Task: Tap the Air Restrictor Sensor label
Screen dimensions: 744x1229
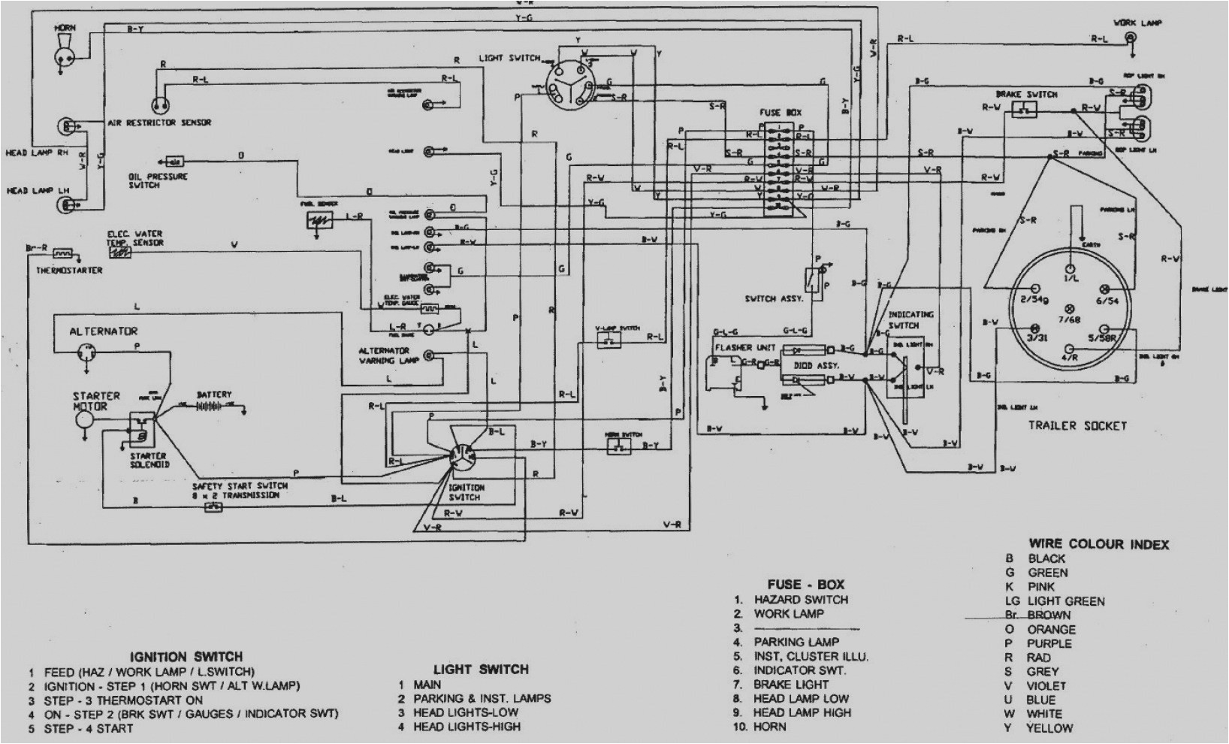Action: pos(159,122)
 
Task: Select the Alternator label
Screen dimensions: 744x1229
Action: pos(104,331)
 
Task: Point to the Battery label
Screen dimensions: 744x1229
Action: pos(214,394)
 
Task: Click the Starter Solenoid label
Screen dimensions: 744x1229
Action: pos(149,460)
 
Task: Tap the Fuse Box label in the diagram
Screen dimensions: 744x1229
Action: pos(780,113)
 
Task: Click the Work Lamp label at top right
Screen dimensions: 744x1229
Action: pos(1137,23)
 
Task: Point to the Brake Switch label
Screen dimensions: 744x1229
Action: pos(1026,95)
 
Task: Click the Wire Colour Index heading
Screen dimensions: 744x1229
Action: pos(1098,544)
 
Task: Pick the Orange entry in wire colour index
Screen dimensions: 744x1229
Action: pos(1051,630)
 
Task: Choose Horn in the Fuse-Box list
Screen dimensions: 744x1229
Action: pos(770,727)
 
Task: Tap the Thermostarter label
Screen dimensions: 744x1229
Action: pos(69,271)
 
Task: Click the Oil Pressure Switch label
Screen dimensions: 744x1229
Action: pos(157,181)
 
